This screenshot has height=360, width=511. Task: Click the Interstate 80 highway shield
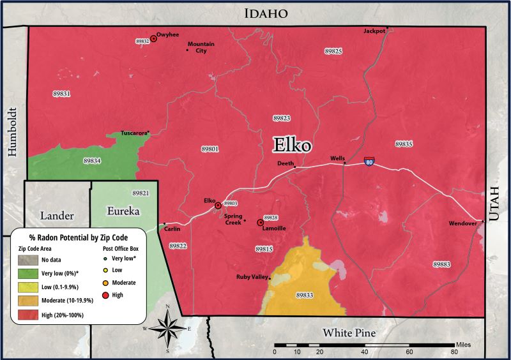pyautogui.click(x=369, y=161)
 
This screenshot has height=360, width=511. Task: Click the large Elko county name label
pyautogui.click(x=293, y=145)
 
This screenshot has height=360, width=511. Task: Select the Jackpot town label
pyautogui.click(x=374, y=31)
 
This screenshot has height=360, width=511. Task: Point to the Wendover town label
pyautogui.click(x=462, y=224)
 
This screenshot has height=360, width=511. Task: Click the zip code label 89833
pyautogui.click(x=305, y=296)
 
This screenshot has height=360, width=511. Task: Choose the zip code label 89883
pyautogui.click(x=441, y=264)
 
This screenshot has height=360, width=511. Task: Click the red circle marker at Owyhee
pyautogui.click(x=153, y=39)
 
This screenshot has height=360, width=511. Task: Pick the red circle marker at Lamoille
pyautogui.click(x=260, y=223)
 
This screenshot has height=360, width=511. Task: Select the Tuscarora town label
pyautogui.click(x=133, y=133)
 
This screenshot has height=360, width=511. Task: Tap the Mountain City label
pyautogui.click(x=201, y=47)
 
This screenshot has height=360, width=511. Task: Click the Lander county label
pyautogui.click(x=57, y=216)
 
